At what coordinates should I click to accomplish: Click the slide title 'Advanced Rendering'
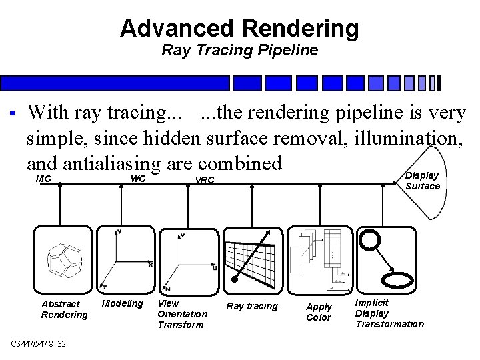pyautogui.click(x=239, y=28)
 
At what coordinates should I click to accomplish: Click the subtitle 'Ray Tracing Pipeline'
pyautogui.click(x=239, y=50)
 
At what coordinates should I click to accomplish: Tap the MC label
pyautogui.click(x=43, y=179)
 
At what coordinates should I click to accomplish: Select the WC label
pyautogui.click(x=138, y=179)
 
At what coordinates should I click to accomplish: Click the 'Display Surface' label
pyautogui.click(x=423, y=181)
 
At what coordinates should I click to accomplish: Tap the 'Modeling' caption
pyautogui.click(x=122, y=304)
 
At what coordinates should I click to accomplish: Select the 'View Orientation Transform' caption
pyautogui.click(x=182, y=313)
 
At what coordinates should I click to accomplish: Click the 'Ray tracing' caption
pyautogui.click(x=252, y=306)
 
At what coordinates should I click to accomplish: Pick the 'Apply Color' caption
pyautogui.click(x=319, y=312)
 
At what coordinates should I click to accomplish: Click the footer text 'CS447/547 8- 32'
pyautogui.click(x=38, y=343)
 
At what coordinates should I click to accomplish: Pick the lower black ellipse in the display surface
pyautogui.click(x=398, y=277)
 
